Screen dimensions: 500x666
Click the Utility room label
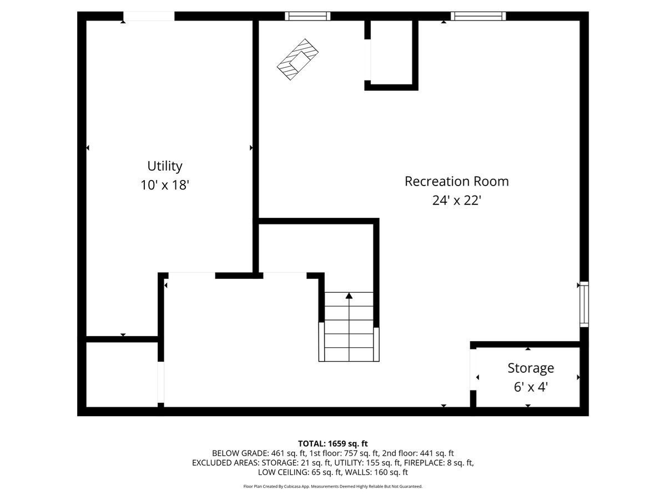point(164,166)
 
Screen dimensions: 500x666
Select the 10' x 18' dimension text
point(165,185)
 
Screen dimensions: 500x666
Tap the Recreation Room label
point(456,181)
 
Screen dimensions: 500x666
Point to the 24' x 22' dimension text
point(456,200)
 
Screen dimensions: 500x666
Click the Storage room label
point(531,368)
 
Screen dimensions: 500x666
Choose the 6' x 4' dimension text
point(531,387)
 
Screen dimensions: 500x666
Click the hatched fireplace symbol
point(299,59)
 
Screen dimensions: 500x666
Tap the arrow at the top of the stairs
point(349,296)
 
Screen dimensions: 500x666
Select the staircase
point(349,328)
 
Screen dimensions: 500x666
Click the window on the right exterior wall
point(583,304)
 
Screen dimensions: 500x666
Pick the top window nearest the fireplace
point(307,16)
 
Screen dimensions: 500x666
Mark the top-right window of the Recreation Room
point(478,16)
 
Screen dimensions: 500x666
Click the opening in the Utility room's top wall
point(148,16)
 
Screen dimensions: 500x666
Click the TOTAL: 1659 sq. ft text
point(333,443)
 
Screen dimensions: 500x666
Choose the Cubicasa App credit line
point(333,487)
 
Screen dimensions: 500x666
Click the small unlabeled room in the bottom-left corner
point(122,374)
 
